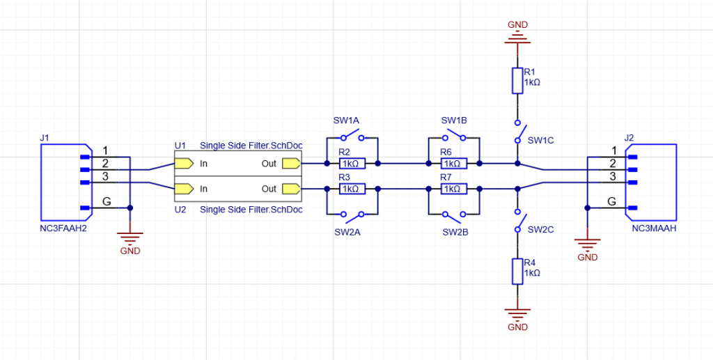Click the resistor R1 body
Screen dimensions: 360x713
tap(517, 81)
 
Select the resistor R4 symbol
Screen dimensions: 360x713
tap(517, 272)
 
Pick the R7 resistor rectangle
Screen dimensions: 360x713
tap(452, 189)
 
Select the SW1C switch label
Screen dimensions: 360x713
tap(541, 140)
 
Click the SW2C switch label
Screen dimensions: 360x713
tap(541, 229)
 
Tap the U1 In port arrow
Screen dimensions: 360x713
tap(184, 164)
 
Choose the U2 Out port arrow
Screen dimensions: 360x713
tap(291, 189)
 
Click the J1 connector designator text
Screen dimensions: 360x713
tap(45, 138)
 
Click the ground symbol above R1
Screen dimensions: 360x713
tap(517, 35)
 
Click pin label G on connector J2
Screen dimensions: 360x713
tap(611, 201)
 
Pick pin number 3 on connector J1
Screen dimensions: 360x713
tap(105, 176)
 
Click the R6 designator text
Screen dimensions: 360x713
tap(446, 152)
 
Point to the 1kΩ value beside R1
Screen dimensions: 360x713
tap(532, 81)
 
